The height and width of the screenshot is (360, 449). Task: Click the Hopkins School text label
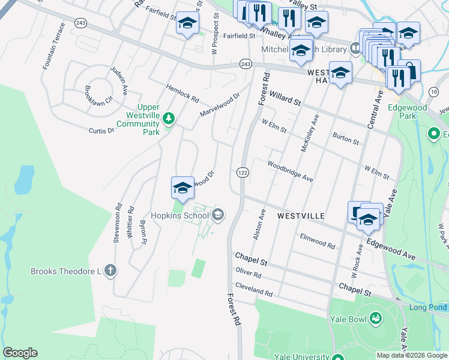(x=179, y=214)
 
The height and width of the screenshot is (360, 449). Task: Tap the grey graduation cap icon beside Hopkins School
(x=218, y=214)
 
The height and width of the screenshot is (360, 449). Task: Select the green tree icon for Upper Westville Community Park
(x=169, y=119)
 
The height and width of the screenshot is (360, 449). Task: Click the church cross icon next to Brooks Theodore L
(x=110, y=271)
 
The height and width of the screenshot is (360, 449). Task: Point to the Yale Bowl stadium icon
(x=376, y=317)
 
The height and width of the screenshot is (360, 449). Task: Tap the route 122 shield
(x=243, y=173)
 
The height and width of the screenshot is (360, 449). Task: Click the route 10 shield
(x=433, y=91)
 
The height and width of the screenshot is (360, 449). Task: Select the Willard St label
(x=285, y=98)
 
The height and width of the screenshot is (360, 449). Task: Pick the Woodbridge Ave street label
(x=291, y=171)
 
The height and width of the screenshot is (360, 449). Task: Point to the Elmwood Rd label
(x=317, y=241)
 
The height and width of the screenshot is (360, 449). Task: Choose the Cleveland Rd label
(x=254, y=292)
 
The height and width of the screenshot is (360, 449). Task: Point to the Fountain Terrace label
(x=53, y=46)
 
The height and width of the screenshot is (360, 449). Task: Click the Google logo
(x=20, y=353)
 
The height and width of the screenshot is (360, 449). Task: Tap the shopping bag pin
(x=409, y=70)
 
